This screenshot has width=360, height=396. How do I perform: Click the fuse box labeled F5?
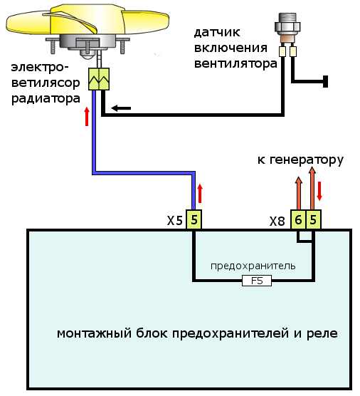point(257,281)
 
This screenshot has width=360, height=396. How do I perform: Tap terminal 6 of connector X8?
point(299,220)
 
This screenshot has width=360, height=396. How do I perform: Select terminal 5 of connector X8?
point(314,220)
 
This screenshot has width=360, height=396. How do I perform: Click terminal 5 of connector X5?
point(194,220)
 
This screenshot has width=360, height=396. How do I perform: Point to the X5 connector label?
point(175,221)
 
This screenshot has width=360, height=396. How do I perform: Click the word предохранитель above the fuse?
point(263,266)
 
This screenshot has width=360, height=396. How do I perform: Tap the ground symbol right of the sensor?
point(325,82)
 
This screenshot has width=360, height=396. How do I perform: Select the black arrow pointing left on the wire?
point(121,108)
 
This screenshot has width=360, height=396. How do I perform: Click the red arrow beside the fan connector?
point(87,115)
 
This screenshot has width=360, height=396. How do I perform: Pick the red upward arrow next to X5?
point(201,193)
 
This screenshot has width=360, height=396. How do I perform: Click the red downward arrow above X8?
point(320,190)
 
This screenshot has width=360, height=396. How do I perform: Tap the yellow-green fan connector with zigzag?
point(97,79)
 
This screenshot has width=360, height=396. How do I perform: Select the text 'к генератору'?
point(300,160)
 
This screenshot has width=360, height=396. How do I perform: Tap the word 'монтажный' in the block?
point(88,333)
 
